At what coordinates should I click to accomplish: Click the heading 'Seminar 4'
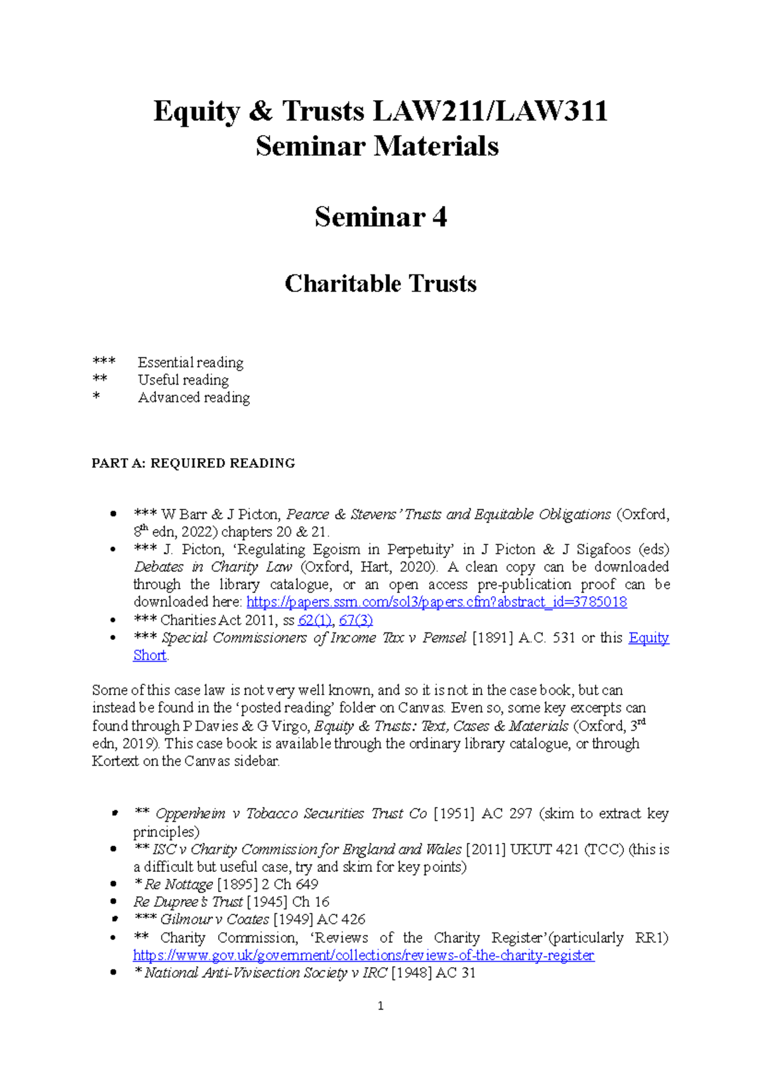tap(380, 217)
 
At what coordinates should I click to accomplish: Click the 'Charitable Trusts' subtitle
tap(380, 283)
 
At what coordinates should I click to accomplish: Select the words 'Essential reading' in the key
tap(190, 362)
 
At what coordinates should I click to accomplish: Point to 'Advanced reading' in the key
tap(193, 398)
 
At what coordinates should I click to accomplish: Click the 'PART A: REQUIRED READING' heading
tap(193, 463)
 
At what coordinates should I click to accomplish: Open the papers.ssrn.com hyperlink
tap(436, 602)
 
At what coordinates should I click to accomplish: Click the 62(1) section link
tap(315, 620)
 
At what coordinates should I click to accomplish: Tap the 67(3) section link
tap(356, 620)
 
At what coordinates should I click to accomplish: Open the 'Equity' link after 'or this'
tap(648, 637)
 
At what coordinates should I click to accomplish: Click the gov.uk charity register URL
tap(363, 956)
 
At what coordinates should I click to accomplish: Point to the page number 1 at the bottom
tap(380, 1006)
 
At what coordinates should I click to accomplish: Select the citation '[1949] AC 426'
tap(319, 919)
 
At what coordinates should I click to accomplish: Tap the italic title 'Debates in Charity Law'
tap(212, 567)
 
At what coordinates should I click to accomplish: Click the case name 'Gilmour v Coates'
tap(214, 919)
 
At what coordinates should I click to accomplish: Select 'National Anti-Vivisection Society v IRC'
tap(265, 973)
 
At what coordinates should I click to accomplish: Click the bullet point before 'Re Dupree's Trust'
tap(114, 902)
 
